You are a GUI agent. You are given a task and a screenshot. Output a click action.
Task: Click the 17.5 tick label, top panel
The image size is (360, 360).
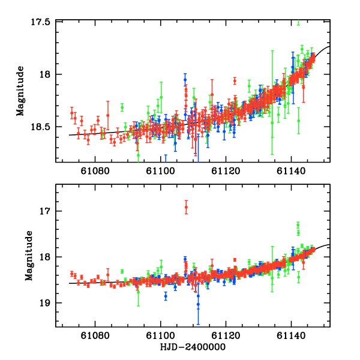click(x=40, y=22)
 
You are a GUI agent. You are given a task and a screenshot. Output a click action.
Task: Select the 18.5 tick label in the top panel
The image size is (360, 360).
click(x=40, y=127)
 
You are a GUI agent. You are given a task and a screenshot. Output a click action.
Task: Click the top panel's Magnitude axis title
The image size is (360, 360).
click(x=20, y=92)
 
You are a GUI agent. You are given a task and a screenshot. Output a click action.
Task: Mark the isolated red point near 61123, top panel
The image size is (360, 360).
click(x=235, y=80)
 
